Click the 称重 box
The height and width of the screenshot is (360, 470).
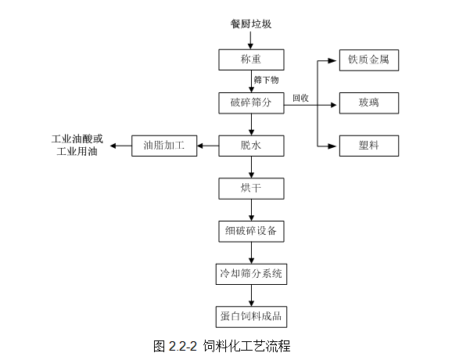click(251, 60)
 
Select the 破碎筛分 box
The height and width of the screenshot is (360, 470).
click(251, 103)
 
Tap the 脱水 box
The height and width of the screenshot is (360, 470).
click(251, 146)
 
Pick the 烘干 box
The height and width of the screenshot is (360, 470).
click(251, 189)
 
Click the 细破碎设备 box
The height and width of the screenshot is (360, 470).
click(251, 231)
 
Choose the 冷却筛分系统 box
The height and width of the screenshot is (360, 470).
click(251, 274)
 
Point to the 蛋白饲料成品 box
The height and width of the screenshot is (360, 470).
click(251, 316)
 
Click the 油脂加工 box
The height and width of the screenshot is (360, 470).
click(164, 146)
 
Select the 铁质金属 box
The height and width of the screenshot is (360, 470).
click(368, 60)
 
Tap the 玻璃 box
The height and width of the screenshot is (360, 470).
click(368, 103)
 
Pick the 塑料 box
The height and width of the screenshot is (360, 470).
click(368, 146)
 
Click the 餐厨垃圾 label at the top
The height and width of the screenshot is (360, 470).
click(251, 24)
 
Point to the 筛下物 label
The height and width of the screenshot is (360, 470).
click(266, 81)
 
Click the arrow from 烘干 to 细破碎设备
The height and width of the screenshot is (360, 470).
click(251, 210)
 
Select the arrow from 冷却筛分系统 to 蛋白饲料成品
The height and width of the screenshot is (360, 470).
click(251, 295)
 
